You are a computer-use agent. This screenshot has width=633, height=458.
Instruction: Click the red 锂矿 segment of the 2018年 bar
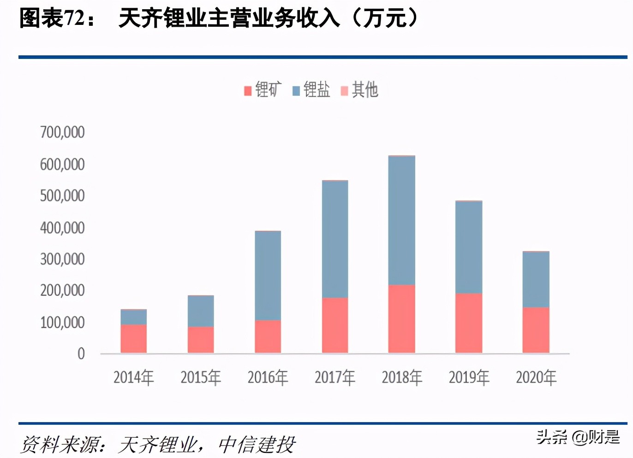coord(401,319)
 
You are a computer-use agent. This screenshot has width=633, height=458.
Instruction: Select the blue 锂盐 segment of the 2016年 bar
coord(268,276)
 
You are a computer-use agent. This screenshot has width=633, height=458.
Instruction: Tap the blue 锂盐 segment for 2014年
coord(133,317)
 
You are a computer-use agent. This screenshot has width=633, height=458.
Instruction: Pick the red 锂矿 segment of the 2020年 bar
coord(536,330)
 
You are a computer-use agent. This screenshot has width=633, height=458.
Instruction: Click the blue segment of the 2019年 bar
coord(468,247)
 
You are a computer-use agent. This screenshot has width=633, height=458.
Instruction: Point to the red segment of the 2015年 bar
coord(201,340)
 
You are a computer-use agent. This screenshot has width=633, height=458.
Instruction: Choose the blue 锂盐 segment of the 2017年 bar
coord(334,239)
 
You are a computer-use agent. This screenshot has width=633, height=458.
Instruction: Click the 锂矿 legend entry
coord(263,89)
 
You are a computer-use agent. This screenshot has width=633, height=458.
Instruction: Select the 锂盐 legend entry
coord(311,89)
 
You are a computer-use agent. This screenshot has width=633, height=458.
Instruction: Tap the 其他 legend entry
coord(360,89)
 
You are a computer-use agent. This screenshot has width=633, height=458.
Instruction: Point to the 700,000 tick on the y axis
coord(62,132)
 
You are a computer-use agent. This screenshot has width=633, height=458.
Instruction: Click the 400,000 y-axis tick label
coord(62,228)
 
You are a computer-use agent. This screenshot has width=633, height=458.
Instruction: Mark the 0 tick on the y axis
coord(81,354)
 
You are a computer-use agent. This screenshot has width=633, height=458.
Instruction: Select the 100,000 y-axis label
coord(62,323)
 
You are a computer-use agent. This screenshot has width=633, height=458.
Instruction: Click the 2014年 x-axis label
coord(133,377)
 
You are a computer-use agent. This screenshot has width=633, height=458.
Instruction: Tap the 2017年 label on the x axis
coord(334,377)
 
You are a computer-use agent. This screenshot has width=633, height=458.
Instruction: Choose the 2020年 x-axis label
coord(536,377)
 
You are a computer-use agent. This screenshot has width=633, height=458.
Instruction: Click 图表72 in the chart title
coord(53,19)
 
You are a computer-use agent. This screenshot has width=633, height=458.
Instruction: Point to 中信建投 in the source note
coord(257,445)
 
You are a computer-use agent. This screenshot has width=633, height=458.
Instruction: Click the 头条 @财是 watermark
coord(578,437)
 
